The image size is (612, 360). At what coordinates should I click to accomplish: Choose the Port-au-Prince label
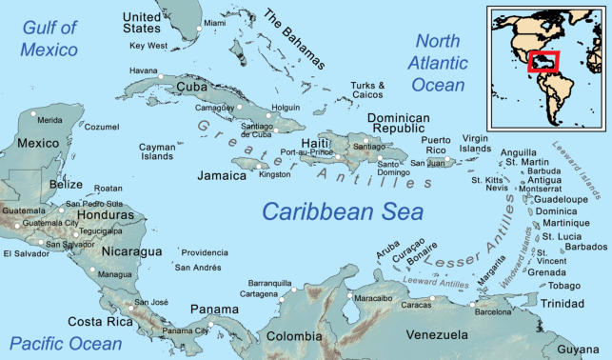(306, 152)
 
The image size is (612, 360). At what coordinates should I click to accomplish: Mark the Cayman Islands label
(157, 151)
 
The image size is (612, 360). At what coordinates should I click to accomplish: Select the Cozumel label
(102, 126)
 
